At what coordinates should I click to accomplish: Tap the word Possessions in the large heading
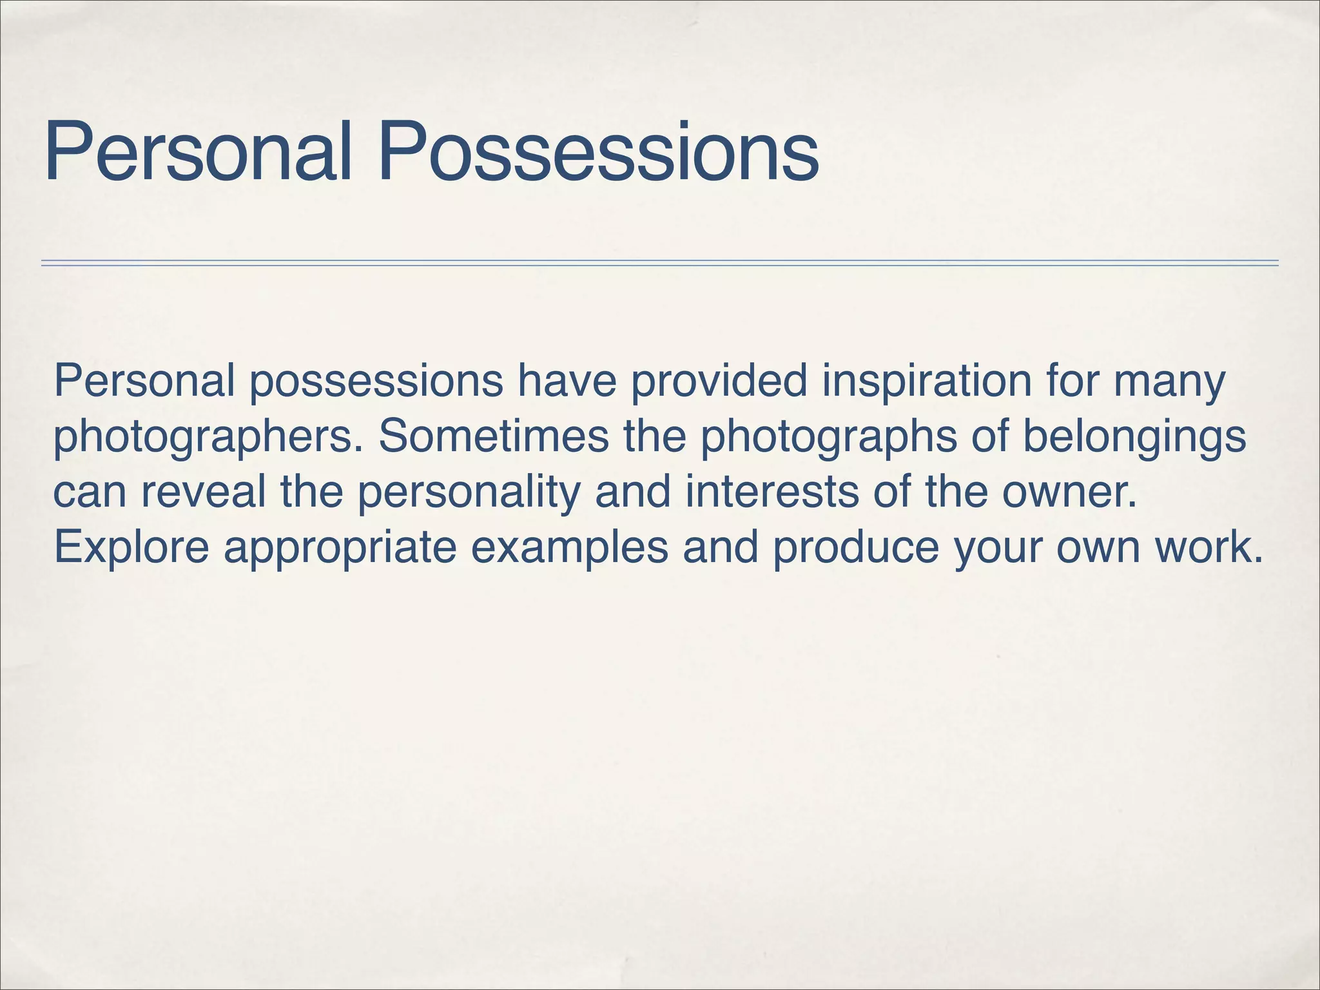pyautogui.click(x=598, y=153)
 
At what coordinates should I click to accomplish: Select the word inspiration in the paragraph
pyautogui.click(x=927, y=382)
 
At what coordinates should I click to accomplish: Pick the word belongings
pyautogui.click(x=1134, y=438)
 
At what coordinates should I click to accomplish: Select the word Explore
pyautogui.click(x=131, y=547)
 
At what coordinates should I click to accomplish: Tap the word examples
pyautogui.click(x=570, y=547)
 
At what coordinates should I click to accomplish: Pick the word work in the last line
pyautogui.click(x=1208, y=547)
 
